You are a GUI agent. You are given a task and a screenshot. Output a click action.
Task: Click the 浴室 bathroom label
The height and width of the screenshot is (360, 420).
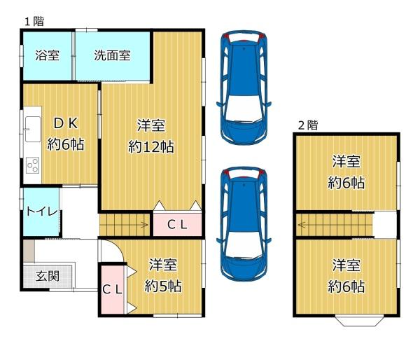[x=47, y=55]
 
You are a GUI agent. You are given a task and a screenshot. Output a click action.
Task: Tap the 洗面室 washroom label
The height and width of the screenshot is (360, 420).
[x=112, y=55]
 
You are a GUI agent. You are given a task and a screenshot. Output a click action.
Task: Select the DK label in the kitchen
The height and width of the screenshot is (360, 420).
[x=66, y=123]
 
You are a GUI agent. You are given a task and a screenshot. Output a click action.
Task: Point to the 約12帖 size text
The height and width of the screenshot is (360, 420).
[x=151, y=147]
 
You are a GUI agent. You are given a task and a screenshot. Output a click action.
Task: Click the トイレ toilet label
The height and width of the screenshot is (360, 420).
[x=42, y=212]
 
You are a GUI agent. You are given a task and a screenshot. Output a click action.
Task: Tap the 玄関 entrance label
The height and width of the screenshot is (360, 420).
[x=48, y=276]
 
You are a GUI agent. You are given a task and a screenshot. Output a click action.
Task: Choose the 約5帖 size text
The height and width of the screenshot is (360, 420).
[x=163, y=286]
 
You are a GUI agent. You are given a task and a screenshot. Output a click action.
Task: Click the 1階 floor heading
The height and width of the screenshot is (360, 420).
[x=34, y=22]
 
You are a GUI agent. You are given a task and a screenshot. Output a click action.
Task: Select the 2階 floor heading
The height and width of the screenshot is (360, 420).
[x=308, y=125]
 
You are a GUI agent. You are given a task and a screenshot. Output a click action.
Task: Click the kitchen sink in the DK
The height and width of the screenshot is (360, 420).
[x=33, y=129]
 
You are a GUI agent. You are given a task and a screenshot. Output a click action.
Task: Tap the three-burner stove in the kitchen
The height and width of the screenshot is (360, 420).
[x=33, y=165]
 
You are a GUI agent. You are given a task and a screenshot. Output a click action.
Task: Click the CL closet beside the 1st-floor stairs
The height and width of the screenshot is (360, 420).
[x=177, y=224]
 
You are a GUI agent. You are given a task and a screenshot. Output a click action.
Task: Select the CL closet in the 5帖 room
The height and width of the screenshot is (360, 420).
[x=113, y=289]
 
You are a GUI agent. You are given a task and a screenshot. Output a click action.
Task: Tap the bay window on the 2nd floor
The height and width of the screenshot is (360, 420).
[x=359, y=321]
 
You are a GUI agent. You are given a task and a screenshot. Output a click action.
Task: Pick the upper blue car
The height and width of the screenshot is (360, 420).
[x=244, y=87]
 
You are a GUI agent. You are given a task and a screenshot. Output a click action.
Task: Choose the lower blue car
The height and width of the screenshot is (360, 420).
[x=244, y=224]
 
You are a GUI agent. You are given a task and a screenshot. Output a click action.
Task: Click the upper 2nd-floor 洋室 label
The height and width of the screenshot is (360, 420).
[x=346, y=161]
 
